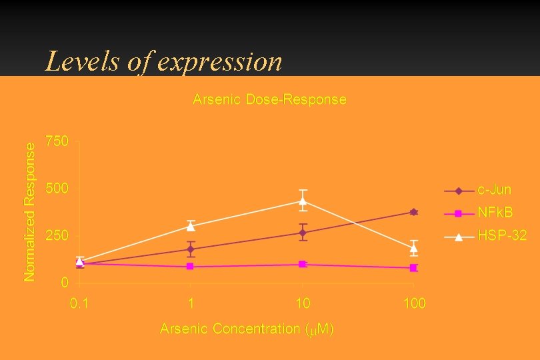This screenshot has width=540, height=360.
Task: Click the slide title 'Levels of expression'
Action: [163, 62]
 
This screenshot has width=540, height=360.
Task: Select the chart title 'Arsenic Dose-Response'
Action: [269, 99]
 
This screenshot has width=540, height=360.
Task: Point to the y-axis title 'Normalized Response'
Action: [29, 211]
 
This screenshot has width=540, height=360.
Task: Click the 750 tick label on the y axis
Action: [57, 142]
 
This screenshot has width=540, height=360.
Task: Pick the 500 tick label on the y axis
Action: [57, 189]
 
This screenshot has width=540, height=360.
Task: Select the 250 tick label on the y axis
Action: [57, 236]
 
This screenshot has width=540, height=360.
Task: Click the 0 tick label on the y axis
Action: [64, 283]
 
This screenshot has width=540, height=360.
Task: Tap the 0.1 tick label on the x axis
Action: [79, 304]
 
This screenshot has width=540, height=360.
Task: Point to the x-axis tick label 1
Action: [191, 304]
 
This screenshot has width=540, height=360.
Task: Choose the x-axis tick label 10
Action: [303, 304]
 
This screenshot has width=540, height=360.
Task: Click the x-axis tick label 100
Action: [414, 304]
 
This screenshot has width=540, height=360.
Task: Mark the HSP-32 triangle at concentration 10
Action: [303, 201]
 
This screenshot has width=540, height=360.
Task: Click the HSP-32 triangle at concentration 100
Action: [414, 248]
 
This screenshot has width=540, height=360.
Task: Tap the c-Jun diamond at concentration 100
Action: [414, 212]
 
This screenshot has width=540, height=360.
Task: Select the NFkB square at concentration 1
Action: [191, 266]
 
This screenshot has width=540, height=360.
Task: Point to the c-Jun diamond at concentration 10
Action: [303, 233]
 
